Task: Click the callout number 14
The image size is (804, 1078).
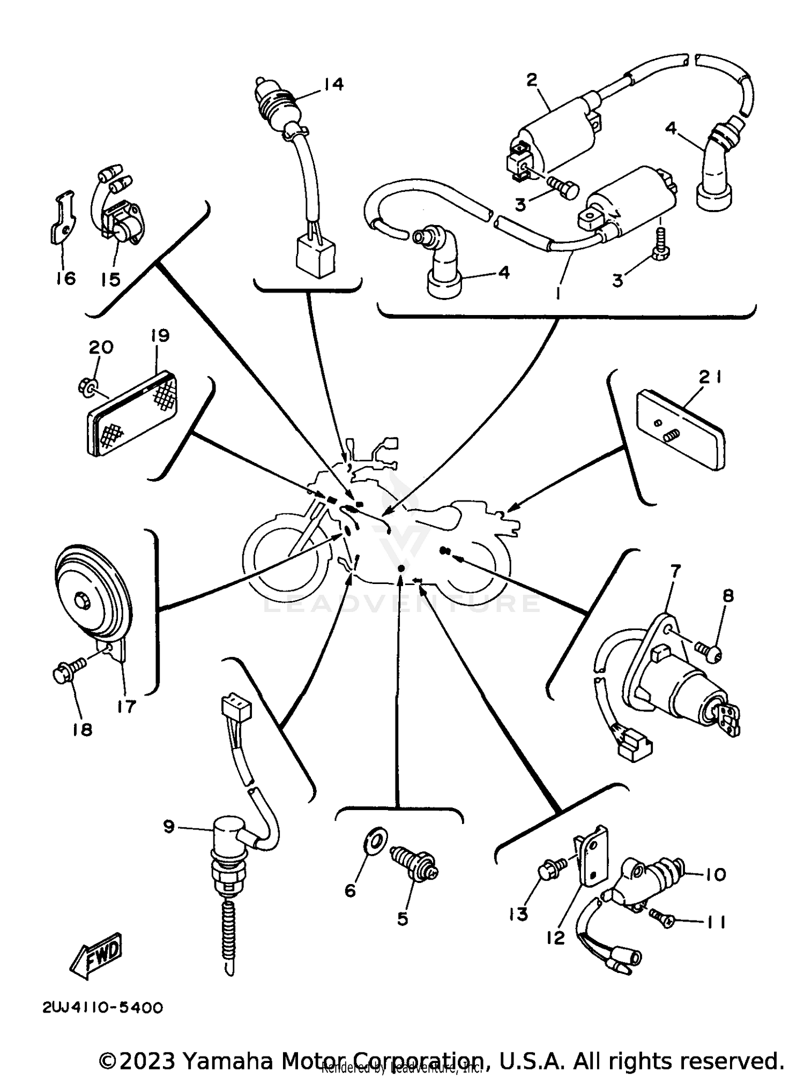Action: pos(333,84)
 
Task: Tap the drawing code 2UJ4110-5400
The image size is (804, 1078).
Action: pos(102,1008)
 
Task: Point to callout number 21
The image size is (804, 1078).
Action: pos(710,378)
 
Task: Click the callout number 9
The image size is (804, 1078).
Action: pos(169,827)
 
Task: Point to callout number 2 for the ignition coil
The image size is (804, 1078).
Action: pos(531,80)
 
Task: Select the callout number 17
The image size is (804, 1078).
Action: pos(127,706)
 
